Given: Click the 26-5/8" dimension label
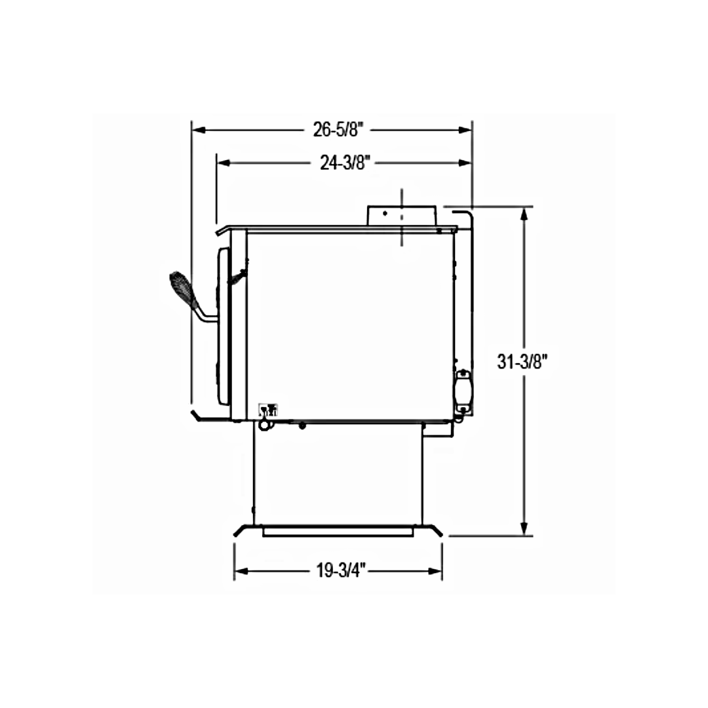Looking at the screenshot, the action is (x=338, y=130).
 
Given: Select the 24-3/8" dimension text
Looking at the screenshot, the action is (x=345, y=163).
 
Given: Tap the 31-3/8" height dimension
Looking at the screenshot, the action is (x=522, y=361).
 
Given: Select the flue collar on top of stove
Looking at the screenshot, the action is (x=402, y=216).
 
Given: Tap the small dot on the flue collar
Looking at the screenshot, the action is (x=385, y=213).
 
